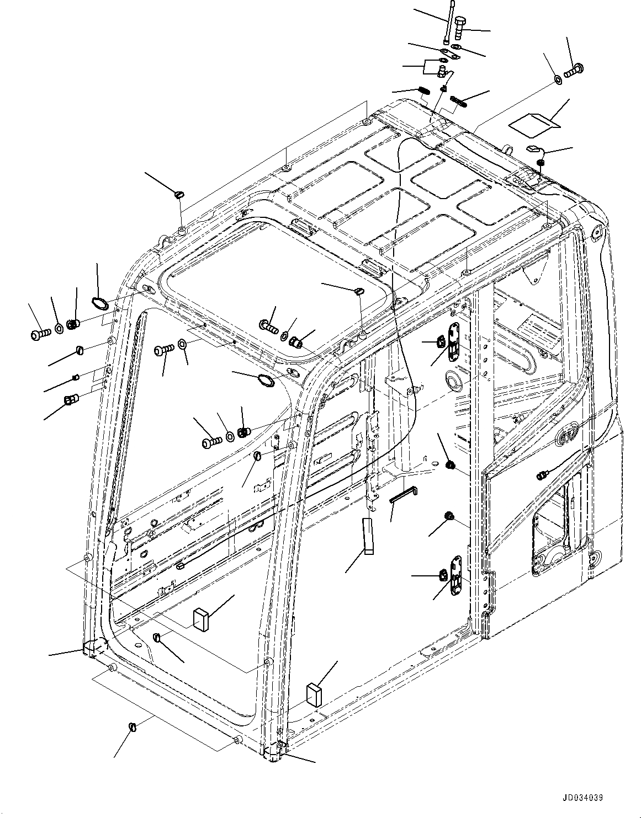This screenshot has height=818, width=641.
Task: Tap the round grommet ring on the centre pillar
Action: coord(454,379)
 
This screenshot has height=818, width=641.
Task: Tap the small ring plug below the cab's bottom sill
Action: coord(132,727)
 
